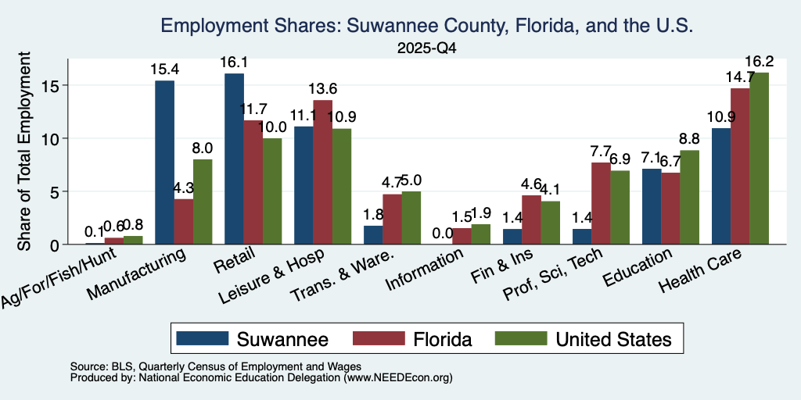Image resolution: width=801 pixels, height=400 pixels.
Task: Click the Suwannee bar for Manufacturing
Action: [x=164, y=162]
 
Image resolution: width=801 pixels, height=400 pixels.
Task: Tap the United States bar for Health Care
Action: [x=759, y=158]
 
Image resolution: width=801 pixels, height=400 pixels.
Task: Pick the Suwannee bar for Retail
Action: [x=234, y=159]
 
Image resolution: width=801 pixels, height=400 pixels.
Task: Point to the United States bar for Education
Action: [x=690, y=198]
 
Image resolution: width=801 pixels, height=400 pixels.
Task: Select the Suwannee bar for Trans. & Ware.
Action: [x=373, y=234]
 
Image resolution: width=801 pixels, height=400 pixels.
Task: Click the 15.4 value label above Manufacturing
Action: [x=164, y=69]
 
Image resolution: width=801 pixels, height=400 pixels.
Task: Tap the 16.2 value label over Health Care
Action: [x=759, y=61]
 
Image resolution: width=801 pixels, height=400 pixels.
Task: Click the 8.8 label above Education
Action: [x=690, y=139]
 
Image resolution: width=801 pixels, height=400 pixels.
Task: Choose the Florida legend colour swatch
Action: [x=379, y=338]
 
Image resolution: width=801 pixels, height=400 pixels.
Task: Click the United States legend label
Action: [x=613, y=339]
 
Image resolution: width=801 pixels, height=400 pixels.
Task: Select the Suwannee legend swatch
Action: [x=203, y=338]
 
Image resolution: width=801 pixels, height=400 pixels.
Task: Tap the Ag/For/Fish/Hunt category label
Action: [x=60, y=277]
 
